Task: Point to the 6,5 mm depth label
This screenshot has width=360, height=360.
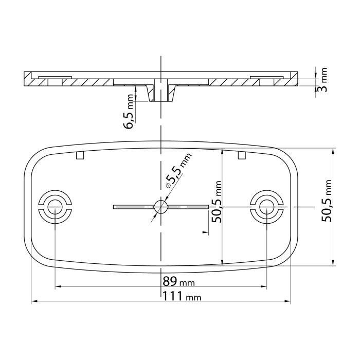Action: click(130, 113)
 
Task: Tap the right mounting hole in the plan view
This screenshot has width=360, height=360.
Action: click(266, 207)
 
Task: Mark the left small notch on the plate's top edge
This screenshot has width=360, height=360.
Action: click(79, 155)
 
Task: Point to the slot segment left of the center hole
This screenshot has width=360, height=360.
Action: click(133, 207)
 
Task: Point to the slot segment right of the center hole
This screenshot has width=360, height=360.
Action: click(188, 207)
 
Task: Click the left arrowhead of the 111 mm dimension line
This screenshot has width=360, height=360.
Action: click(34, 301)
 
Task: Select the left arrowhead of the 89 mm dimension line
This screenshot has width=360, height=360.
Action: click(57, 286)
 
